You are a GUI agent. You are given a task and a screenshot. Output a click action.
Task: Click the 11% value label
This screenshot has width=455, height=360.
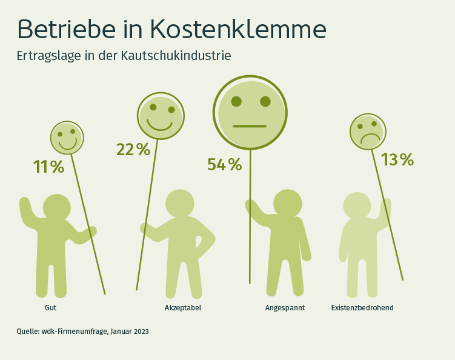(x=48, y=167)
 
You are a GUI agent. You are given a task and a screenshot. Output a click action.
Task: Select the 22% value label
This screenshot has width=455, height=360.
(x=133, y=149)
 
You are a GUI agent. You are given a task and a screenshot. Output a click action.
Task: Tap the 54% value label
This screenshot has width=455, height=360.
(x=224, y=164)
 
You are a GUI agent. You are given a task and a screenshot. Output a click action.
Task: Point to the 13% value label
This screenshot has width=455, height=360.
(x=397, y=159)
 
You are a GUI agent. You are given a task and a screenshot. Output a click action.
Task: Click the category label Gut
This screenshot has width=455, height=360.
(x=50, y=308)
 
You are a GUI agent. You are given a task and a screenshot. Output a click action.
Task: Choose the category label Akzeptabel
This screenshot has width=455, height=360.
(x=183, y=308)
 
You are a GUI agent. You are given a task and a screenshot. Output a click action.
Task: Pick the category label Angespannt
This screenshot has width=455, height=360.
(x=285, y=308)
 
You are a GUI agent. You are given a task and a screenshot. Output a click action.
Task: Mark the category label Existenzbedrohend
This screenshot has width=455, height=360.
(x=362, y=308)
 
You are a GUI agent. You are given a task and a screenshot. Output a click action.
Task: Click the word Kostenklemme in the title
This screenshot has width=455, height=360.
(x=237, y=29)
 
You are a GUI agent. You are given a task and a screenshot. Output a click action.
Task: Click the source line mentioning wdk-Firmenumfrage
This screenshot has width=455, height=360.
(x=82, y=332)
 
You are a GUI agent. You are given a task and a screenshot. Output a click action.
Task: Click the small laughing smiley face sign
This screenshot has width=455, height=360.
(x=67, y=138)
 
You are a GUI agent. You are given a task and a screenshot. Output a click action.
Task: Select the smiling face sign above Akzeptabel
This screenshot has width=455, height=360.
(x=160, y=116)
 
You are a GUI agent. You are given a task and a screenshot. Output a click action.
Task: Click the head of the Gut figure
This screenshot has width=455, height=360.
(x=57, y=208)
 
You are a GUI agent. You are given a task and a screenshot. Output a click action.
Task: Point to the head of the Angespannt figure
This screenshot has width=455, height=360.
(x=287, y=204)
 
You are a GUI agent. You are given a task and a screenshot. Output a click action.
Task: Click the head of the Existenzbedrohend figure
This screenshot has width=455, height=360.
(x=357, y=206)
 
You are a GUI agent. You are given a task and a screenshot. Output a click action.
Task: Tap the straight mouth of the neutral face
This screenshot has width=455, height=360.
(x=250, y=126)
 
